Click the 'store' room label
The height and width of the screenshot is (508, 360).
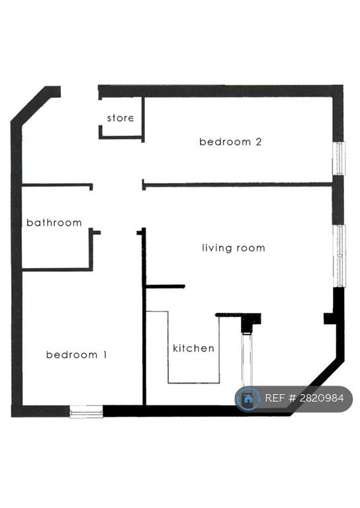120,118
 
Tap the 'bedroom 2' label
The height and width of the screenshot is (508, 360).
230,142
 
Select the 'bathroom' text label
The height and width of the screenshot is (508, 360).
54,222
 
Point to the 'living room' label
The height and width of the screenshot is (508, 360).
234,248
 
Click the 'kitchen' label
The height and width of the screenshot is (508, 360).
193,349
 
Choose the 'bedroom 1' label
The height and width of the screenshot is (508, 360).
77,355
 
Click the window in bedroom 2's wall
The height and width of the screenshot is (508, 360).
339,158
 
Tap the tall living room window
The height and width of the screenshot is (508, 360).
339,255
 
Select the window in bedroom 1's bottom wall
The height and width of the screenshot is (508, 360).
86,412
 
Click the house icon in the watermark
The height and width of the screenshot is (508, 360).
248,398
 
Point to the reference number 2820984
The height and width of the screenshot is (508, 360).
322,398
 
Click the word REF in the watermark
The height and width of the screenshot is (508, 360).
275,398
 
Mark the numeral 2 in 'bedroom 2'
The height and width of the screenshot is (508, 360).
259,142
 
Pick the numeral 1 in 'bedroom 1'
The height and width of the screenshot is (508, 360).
105,355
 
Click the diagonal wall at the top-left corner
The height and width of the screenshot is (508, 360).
32,106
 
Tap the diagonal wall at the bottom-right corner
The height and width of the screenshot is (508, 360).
318,387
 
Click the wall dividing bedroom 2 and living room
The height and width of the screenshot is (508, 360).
238,185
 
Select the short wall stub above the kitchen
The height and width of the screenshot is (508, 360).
165,286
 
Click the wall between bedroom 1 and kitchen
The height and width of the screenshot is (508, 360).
144,317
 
